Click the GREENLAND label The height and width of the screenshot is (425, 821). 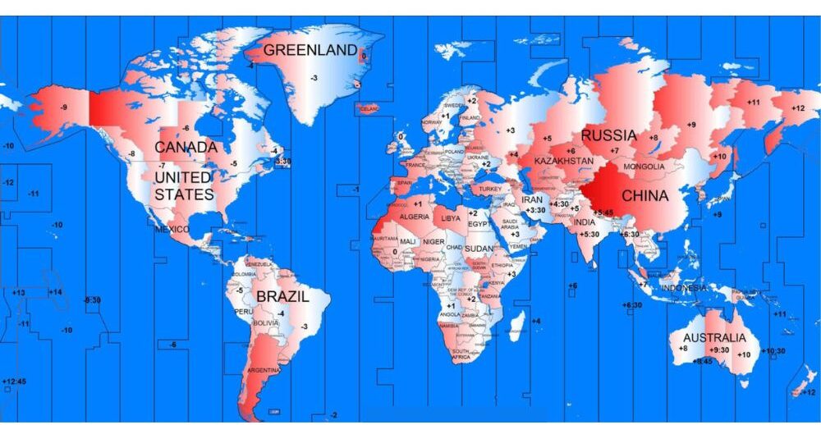click(310, 50)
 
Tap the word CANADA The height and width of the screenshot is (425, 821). click(186, 147)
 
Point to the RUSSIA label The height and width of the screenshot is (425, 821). click(608, 135)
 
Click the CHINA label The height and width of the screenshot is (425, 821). click(644, 196)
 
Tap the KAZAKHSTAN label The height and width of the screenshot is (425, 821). click(562, 162)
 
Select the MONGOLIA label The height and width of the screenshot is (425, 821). click(644, 167)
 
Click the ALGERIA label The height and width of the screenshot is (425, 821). click(414, 217)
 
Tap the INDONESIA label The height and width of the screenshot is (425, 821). click(683, 289)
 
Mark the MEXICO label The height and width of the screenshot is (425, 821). click(172, 230)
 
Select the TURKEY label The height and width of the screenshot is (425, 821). click(490, 190)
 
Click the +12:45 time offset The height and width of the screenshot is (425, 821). click(15, 381)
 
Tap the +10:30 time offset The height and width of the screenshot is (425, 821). click(773, 351)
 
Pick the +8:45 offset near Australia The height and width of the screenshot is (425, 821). click(703, 361)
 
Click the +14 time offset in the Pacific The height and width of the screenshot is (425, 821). click(55, 292)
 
